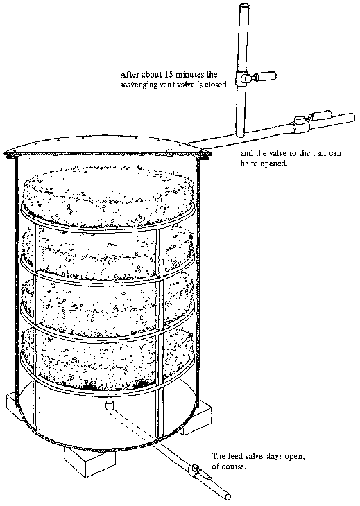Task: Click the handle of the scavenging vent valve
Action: click(x=266, y=76)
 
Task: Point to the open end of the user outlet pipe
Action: click(x=352, y=117)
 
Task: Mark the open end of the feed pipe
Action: click(x=228, y=496)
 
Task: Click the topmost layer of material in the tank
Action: click(x=108, y=196)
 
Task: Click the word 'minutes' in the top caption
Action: click(x=189, y=75)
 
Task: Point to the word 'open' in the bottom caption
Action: click(x=295, y=457)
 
